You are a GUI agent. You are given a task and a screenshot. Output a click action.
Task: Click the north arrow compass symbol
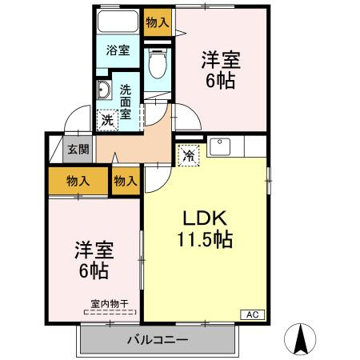(x=302, y=338)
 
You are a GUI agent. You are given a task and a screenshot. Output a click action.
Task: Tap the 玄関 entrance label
(x=77, y=149)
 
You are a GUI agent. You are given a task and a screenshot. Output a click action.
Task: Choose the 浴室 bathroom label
(x=118, y=50)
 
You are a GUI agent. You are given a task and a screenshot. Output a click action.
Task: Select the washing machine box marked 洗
(x=107, y=119)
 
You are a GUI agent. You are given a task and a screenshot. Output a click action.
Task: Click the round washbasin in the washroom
(x=104, y=89)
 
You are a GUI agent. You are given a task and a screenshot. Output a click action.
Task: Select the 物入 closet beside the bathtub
(x=157, y=22)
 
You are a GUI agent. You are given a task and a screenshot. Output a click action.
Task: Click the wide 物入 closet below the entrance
(x=77, y=182)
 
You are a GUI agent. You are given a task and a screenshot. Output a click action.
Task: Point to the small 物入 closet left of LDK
(x=126, y=182)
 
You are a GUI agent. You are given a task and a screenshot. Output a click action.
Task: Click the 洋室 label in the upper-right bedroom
(x=219, y=59)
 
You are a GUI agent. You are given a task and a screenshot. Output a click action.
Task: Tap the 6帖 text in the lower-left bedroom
(x=94, y=270)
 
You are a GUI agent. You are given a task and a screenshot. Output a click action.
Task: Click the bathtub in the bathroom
(x=118, y=22)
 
